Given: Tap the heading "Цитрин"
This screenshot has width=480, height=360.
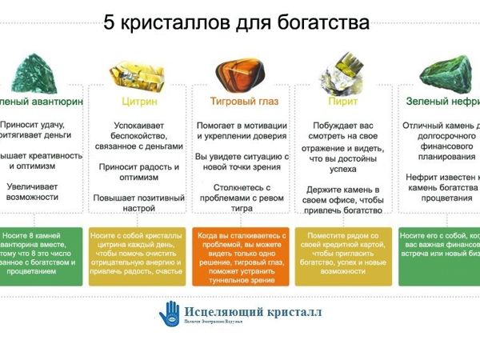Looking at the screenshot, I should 139,102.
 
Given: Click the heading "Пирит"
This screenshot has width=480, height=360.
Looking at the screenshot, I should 342,102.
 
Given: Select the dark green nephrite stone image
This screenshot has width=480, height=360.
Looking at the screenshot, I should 448,70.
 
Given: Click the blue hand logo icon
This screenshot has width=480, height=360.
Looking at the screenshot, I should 170,313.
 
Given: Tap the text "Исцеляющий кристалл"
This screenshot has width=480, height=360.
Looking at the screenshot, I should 252,311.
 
